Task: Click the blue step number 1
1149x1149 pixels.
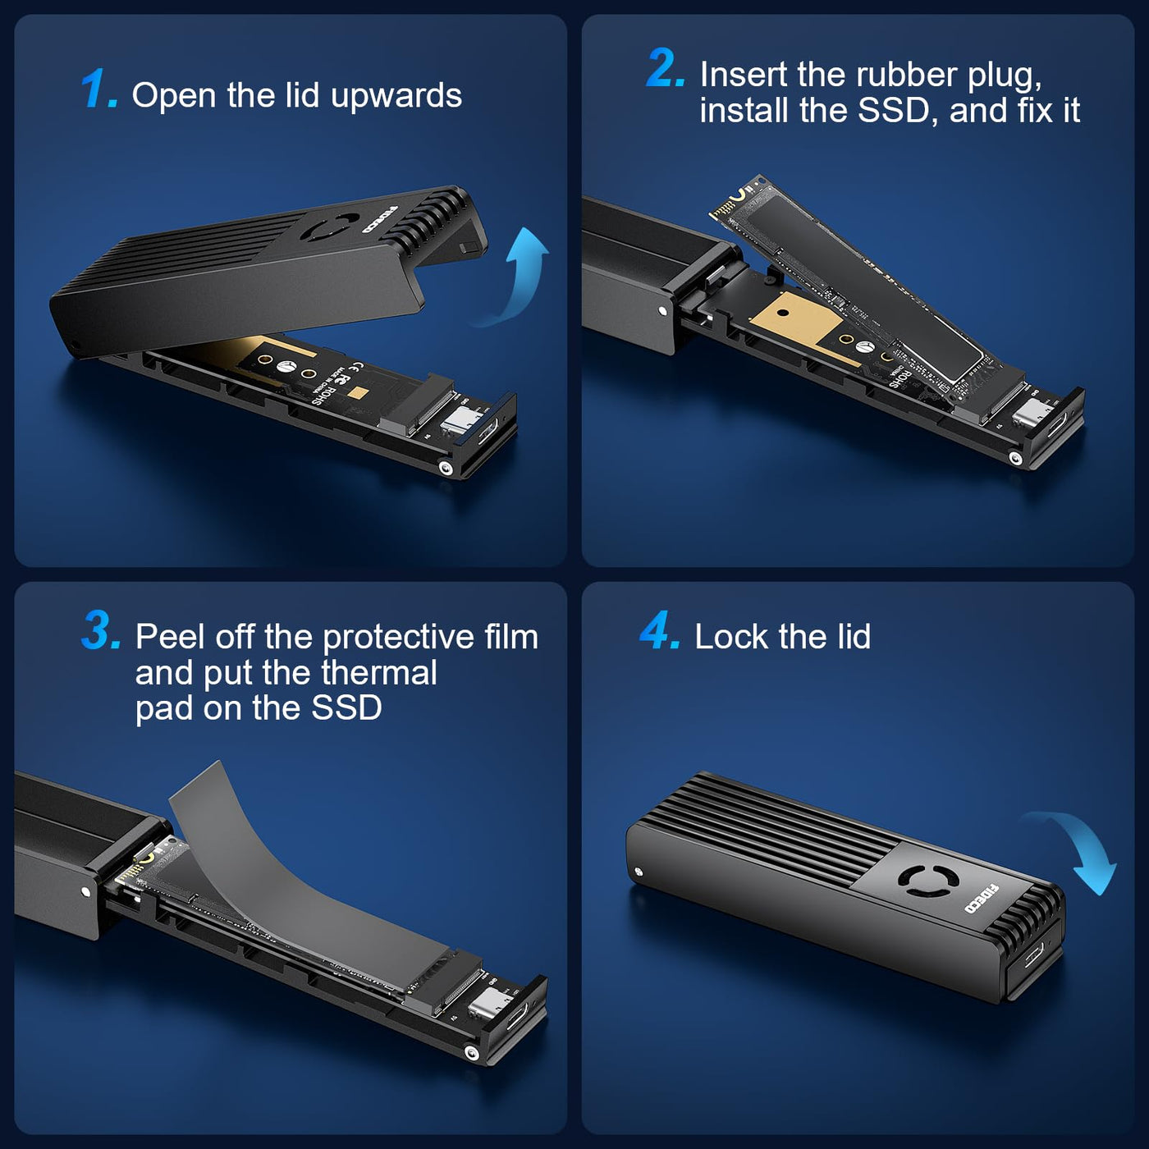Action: [x=98, y=89]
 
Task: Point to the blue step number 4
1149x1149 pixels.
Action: [x=660, y=630]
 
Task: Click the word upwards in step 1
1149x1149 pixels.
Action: [x=396, y=96]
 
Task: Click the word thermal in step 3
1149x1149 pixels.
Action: [x=379, y=672]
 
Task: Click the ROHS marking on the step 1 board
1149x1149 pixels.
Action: [x=324, y=392]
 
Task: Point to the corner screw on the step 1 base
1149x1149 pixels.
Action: [x=444, y=468]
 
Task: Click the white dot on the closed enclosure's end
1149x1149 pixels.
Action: [x=639, y=872]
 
